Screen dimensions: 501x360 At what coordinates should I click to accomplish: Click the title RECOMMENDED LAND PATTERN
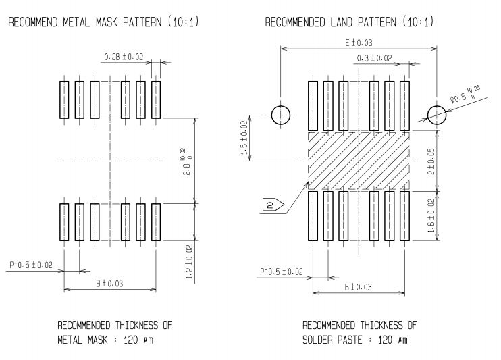[330, 22]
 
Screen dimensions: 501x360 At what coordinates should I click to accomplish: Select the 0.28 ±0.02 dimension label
[124, 57]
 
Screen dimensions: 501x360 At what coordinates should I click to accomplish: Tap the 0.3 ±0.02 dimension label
[374, 58]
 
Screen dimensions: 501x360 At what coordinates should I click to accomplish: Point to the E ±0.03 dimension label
[359, 43]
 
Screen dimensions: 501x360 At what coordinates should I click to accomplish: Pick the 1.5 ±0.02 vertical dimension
[244, 138]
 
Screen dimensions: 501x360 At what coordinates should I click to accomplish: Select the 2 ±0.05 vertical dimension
[431, 161]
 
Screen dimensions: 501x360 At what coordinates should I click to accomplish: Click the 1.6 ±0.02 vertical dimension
[431, 216]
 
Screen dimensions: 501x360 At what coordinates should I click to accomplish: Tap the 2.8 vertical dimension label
[187, 161]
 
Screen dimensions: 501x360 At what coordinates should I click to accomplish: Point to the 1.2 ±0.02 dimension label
[190, 262]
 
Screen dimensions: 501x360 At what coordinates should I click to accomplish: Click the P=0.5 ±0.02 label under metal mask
[30, 265]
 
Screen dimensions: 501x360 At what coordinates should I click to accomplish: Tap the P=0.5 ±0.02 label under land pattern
[282, 272]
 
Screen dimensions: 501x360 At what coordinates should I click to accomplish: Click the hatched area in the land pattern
[359, 161]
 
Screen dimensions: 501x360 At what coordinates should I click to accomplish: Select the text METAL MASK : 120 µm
[105, 340]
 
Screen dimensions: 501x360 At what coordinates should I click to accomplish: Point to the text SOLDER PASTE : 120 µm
[355, 340]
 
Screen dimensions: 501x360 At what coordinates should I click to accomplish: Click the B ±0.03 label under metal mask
[109, 284]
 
